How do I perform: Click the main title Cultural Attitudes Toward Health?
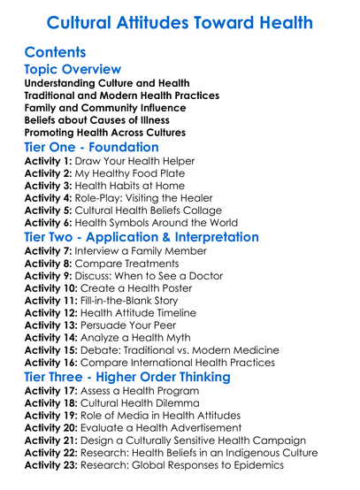tap(180, 22)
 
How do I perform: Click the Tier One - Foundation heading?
tap(92, 147)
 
